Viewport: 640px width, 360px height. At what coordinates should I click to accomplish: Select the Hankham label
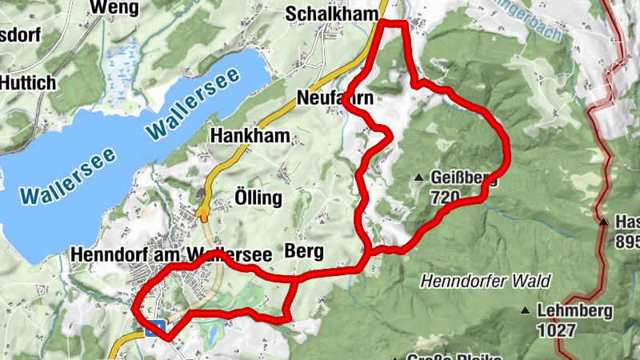[x=250, y=136]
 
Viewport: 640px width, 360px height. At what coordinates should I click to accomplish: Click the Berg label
[x=304, y=252]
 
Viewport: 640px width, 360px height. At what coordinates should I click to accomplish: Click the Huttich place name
[x=29, y=82]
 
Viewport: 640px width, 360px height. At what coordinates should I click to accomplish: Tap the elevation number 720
[x=444, y=196]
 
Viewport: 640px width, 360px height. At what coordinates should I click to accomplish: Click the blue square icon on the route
[x=155, y=326]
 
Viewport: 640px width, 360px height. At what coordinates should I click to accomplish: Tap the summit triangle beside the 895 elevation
[x=604, y=222]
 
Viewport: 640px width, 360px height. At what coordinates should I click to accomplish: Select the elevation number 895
[x=628, y=240]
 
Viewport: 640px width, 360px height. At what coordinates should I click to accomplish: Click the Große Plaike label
[x=444, y=355]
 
